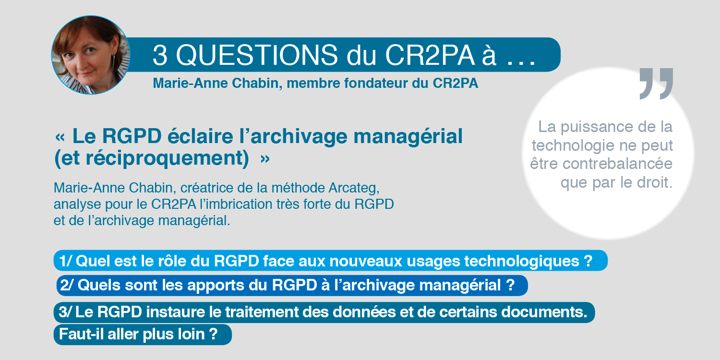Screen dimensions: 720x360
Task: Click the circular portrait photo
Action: coord(91,55)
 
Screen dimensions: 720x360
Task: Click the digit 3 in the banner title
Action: coord(160,55)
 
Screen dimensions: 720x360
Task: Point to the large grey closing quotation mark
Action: coord(656,84)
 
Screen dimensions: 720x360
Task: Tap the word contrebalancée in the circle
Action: coord(617,164)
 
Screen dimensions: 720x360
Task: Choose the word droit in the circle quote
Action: coord(655,182)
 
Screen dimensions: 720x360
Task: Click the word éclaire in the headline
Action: coord(200,136)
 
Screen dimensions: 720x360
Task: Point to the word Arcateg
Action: coord(354,188)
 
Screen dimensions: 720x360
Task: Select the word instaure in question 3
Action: coord(175,312)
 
